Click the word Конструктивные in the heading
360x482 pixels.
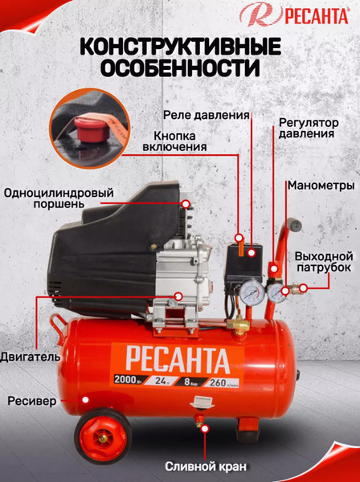point(179,47)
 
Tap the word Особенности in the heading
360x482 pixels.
point(179,70)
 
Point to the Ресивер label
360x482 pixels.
point(31,399)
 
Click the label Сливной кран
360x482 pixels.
point(204,464)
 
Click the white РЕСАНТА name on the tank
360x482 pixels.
point(170,357)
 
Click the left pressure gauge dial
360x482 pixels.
point(251,292)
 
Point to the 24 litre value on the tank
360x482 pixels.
point(165,380)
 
